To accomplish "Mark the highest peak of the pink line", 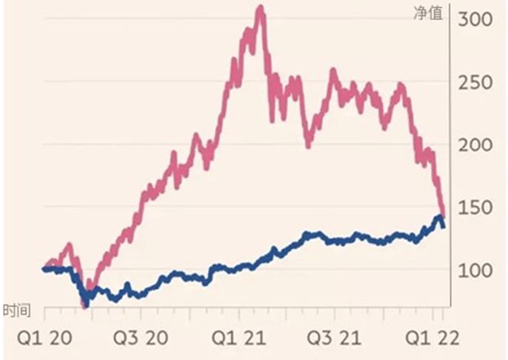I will pyautogui.click(x=259, y=9).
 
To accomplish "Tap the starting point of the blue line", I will pyautogui.click(x=44, y=270).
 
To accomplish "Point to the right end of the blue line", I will pyautogui.click(x=443, y=226).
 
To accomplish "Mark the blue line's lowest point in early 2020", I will pyautogui.click(x=86, y=302).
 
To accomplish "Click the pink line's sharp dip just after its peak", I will pyautogui.click(x=272, y=119).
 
